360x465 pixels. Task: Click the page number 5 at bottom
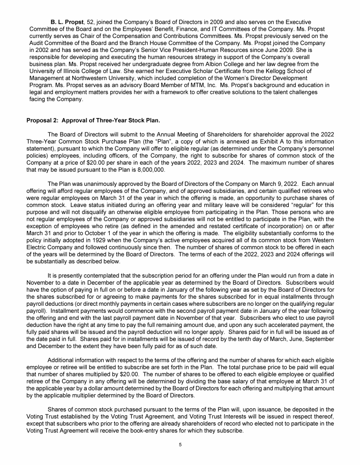pos(180,444)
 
